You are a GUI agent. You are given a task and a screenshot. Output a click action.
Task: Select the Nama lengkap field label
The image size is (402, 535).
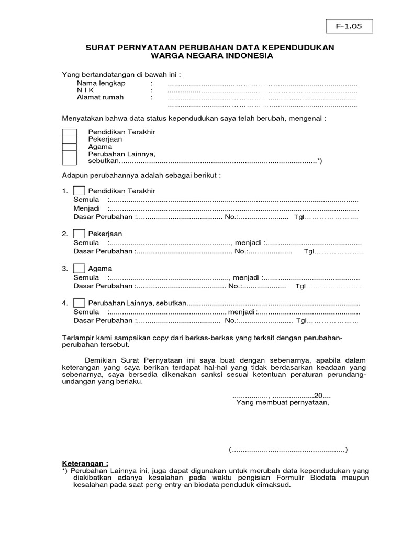tap(101, 84)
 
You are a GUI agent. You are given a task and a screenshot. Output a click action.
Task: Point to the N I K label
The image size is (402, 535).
tap(87, 90)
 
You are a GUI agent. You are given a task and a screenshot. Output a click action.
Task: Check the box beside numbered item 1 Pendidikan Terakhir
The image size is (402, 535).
tap(80, 191)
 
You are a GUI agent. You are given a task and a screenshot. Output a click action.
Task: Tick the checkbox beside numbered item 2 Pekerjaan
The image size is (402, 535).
tap(80, 234)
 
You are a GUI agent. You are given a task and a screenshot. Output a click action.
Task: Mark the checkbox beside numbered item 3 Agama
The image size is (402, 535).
tap(80, 269)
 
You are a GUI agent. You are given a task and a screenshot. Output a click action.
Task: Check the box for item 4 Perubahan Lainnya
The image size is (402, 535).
tap(80, 303)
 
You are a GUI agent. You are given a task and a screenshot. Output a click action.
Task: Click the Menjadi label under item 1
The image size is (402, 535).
tap(86, 208)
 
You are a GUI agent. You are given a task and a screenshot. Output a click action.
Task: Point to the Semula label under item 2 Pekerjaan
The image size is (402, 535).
tap(86, 243)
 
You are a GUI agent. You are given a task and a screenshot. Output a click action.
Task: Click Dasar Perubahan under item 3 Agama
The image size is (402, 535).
tap(103, 286)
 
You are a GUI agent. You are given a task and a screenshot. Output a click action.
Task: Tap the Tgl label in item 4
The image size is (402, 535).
tap(300, 321)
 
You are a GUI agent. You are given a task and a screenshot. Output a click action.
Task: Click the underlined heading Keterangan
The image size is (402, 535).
tap(85, 463)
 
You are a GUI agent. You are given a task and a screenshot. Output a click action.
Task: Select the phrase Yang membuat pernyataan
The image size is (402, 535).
tap(283, 403)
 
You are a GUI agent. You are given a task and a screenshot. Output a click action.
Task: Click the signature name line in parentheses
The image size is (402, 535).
tap(288, 450)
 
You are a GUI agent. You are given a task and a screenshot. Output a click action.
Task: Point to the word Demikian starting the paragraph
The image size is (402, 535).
tap(102, 360)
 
